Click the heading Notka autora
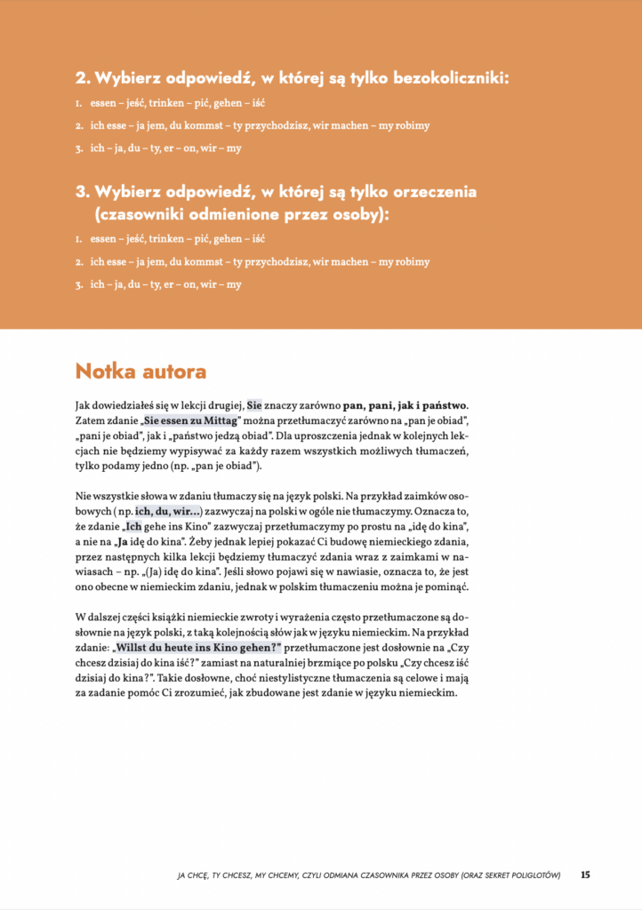[x=140, y=371]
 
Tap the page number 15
[x=585, y=874]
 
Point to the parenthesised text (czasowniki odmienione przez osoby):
[x=242, y=215]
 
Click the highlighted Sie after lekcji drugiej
[x=255, y=404]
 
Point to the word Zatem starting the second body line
[x=91, y=419]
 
